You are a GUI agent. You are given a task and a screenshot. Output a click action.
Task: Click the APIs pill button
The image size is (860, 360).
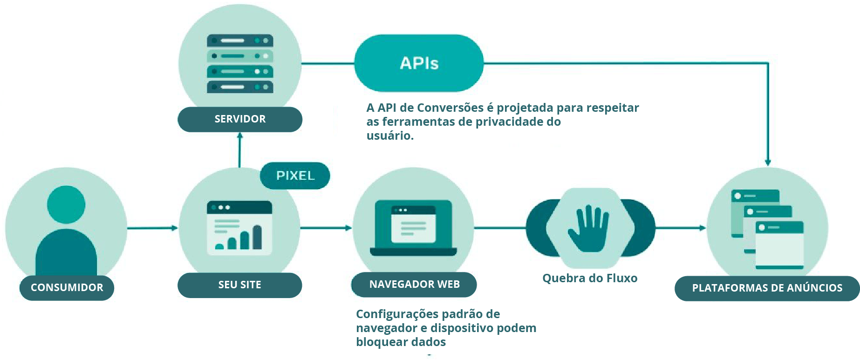(419, 63)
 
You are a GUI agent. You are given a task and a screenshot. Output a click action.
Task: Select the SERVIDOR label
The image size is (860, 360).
(240, 119)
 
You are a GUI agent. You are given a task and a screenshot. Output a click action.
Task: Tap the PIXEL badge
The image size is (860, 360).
(295, 176)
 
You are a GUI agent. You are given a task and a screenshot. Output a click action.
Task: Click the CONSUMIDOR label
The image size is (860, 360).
(67, 288)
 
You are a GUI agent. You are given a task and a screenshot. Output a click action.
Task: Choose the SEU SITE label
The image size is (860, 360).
(239, 285)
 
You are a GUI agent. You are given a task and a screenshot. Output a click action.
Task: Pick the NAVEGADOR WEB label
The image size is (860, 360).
(414, 285)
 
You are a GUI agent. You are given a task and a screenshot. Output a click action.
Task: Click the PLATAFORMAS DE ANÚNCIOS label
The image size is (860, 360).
(767, 288)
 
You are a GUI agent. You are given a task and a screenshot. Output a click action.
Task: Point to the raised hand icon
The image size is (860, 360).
(588, 228)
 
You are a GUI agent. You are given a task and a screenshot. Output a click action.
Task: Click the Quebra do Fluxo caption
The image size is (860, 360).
(590, 278)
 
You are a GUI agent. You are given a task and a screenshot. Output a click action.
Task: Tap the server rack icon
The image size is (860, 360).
(240, 64)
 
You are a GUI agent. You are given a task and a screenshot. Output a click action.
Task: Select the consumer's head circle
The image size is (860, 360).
(66, 204)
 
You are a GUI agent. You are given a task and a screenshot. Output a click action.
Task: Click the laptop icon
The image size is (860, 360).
(413, 228)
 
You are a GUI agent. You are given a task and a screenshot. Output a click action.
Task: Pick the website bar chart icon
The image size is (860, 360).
(239, 228)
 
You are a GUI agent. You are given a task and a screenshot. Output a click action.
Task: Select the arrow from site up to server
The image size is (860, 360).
(240, 150)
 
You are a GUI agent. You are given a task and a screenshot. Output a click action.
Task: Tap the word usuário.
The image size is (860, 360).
(389, 136)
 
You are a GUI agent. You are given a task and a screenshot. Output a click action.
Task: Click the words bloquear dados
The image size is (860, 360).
(401, 342)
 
